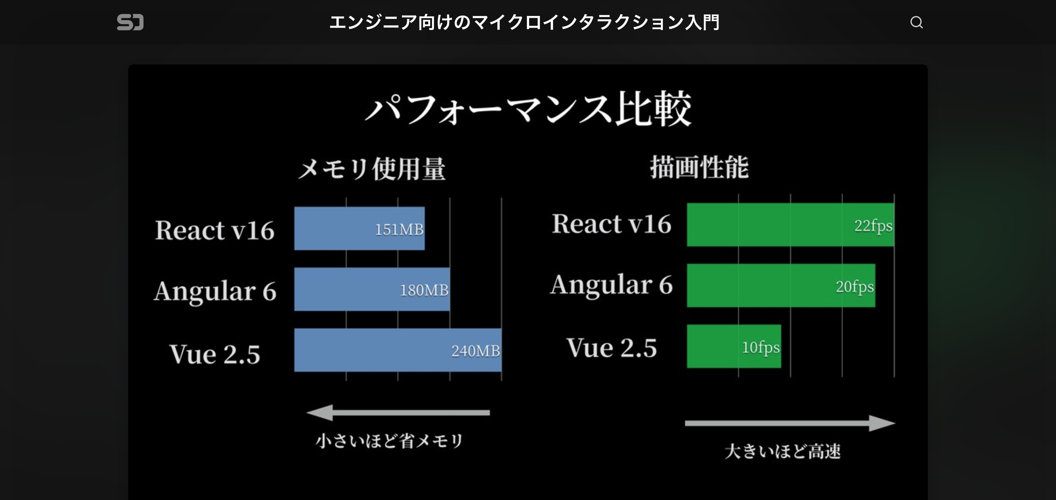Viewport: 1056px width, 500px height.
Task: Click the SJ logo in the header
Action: pyautogui.click(x=130, y=22)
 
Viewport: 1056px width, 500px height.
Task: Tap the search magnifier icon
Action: pyautogui.click(x=916, y=22)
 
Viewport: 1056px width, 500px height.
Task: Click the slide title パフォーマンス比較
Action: pyautogui.click(x=528, y=109)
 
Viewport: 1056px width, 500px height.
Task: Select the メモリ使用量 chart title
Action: pyautogui.click(x=371, y=169)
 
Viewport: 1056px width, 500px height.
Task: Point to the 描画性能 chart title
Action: pyautogui.click(x=699, y=167)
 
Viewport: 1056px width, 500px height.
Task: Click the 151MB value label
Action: pyautogui.click(x=399, y=230)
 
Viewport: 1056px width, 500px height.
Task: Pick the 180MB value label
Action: pyautogui.click(x=424, y=290)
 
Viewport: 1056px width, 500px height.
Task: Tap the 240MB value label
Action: pyautogui.click(x=475, y=351)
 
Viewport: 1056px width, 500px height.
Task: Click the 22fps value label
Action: pyautogui.click(x=873, y=226)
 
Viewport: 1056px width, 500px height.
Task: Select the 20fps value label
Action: pyautogui.click(x=855, y=286)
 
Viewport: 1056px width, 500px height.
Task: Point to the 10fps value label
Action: pyautogui.click(x=760, y=347)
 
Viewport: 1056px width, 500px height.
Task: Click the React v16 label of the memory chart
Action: pyautogui.click(x=215, y=230)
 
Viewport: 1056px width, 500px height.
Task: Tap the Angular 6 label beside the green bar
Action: pyautogui.click(x=611, y=285)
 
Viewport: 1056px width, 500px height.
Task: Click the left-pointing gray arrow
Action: pyautogui.click(x=398, y=412)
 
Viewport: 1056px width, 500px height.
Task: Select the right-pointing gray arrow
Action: pyautogui.click(x=790, y=423)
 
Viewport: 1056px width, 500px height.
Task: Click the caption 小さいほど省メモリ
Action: pyautogui.click(x=389, y=441)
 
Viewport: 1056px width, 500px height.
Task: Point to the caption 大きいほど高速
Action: pyautogui.click(x=782, y=451)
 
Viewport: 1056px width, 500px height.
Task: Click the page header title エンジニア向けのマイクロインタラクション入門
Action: pyautogui.click(x=524, y=22)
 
